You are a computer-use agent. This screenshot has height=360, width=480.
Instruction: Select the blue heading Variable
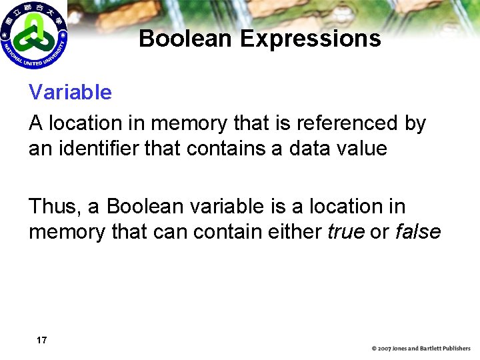point(70,92)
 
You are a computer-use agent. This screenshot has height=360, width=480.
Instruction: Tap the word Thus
point(54,207)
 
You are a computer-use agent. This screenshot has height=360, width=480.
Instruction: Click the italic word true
point(345,231)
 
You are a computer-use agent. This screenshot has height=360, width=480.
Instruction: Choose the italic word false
point(418,231)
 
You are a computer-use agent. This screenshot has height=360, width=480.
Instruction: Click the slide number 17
point(41,340)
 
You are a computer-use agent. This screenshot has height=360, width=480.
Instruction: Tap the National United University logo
point(33,35)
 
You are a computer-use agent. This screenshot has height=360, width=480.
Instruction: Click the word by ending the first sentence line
point(415,123)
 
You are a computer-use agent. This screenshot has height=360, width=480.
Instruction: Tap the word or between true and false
point(379,231)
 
